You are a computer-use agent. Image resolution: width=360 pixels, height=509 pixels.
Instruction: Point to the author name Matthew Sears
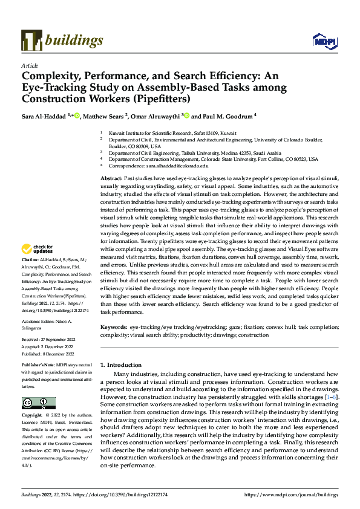(x=105, y=115)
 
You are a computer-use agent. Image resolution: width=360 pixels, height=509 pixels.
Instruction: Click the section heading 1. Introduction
(x=120, y=365)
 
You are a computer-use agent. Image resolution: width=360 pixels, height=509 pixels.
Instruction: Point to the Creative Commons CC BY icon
(x=38, y=403)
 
